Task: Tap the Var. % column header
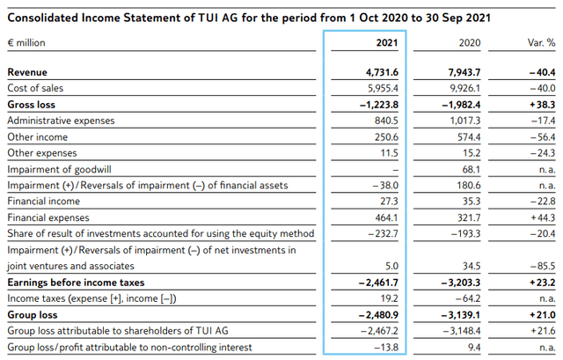tap(539, 41)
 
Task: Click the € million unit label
tap(28, 41)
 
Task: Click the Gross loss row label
tap(33, 105)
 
